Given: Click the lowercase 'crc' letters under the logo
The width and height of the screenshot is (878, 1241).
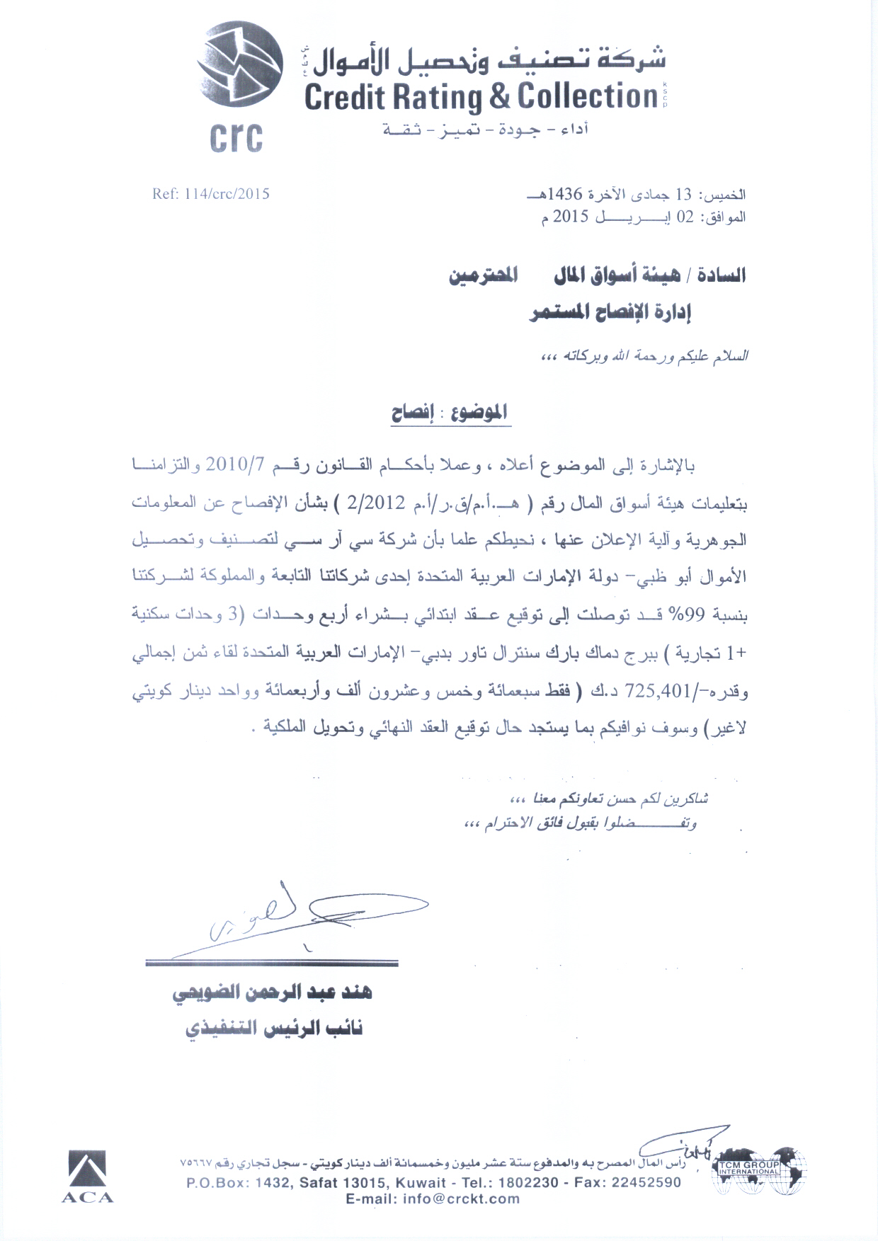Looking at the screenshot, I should (x=236, y=137).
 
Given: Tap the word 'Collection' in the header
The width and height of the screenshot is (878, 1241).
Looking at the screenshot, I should (x=588, y=96).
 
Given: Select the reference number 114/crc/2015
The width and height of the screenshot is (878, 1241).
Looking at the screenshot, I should (x=211, y=193).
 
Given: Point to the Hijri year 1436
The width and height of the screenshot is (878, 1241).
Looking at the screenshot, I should (x=573, y=194).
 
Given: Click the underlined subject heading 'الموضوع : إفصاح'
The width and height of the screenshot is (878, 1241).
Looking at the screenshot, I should (x=450, y=412).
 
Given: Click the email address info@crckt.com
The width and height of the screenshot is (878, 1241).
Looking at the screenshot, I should (x=433, y=1199).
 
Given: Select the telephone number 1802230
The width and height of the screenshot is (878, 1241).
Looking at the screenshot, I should (x=528, y=1182).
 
